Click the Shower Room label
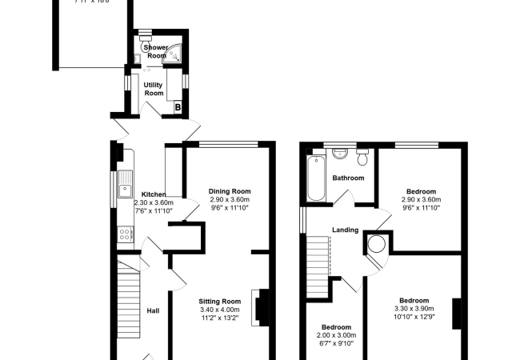156,52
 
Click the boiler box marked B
178,106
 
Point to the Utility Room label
154,89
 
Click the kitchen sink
125,190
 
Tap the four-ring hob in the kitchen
125,234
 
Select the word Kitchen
154,194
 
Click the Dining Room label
230,191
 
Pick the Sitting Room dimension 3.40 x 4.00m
220,310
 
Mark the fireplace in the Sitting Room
260,306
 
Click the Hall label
154,310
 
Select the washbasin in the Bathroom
338,151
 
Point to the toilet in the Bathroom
362,153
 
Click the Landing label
346,230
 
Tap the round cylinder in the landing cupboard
377,244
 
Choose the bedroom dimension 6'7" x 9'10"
337,343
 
